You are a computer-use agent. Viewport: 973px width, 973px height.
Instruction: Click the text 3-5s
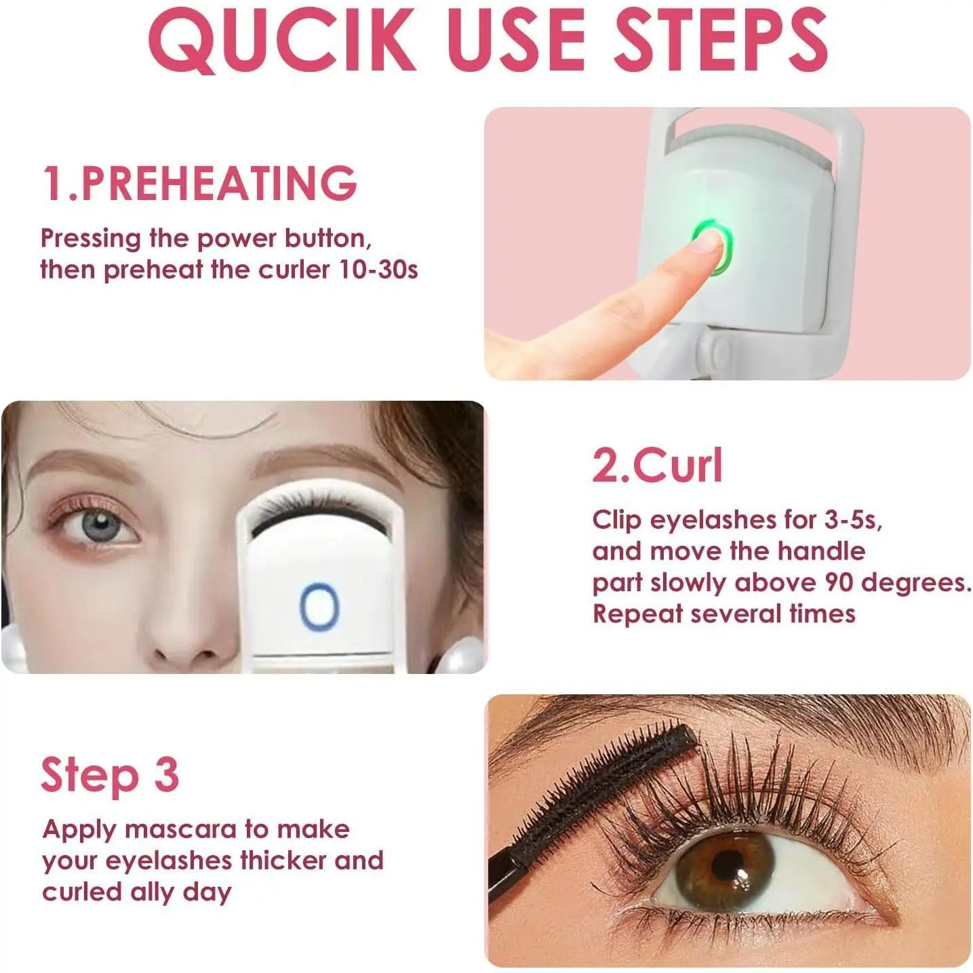point(852,519)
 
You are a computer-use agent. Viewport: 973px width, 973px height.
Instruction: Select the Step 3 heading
point(110,774)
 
